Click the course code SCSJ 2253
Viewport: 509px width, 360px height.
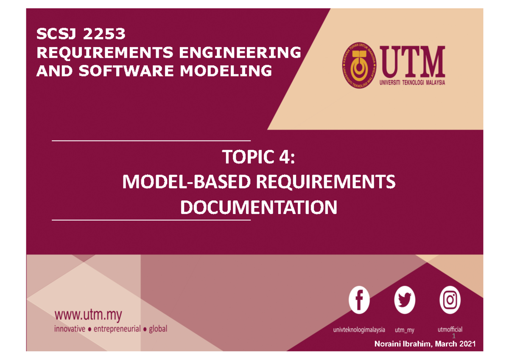[81, 33]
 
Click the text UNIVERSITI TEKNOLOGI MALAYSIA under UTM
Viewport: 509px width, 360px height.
[411, 83]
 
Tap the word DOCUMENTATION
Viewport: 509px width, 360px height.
[259, 208]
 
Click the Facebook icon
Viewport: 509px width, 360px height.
[359, 300]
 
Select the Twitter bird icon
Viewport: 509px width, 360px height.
[405, 300]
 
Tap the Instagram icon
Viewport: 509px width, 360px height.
[450, 300]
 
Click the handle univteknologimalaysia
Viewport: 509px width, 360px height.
[359, 329]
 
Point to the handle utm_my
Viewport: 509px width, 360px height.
[404, 329]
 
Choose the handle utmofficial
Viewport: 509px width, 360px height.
[450, 329]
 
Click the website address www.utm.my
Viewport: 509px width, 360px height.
[88, 315]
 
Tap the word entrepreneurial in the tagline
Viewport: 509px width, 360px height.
[117, 329]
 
